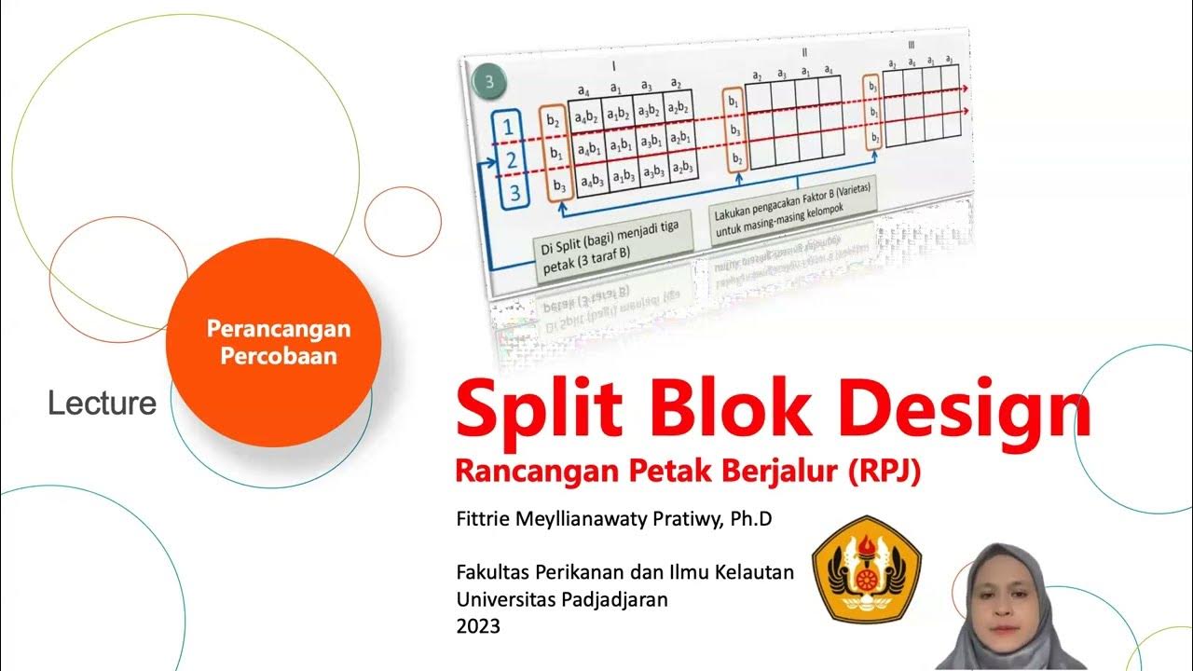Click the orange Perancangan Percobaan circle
coord(273,342)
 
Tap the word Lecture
coord(103,404)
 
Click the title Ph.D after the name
coord(751,520)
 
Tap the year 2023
coord(478,626)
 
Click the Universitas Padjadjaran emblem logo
coord(867,569)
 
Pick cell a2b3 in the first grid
coord(682,168)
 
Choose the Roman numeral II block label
coord(804,53)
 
